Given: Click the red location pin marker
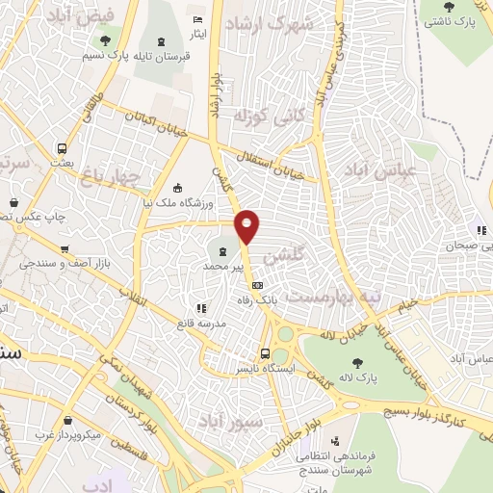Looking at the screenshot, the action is (x=247, y=226).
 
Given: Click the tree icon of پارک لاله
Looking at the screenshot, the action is (x=358, y=363).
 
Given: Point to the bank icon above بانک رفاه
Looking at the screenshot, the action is (x=257, y=285).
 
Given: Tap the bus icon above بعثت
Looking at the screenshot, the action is (x=63, y=149).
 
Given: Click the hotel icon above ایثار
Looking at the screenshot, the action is (x=197, y=20).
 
